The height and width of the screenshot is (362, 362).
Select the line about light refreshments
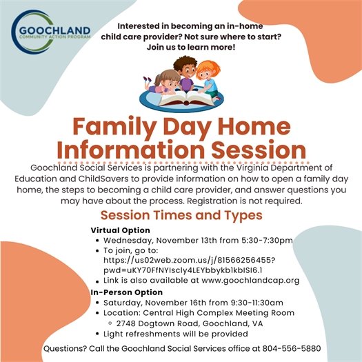coord(174,334)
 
